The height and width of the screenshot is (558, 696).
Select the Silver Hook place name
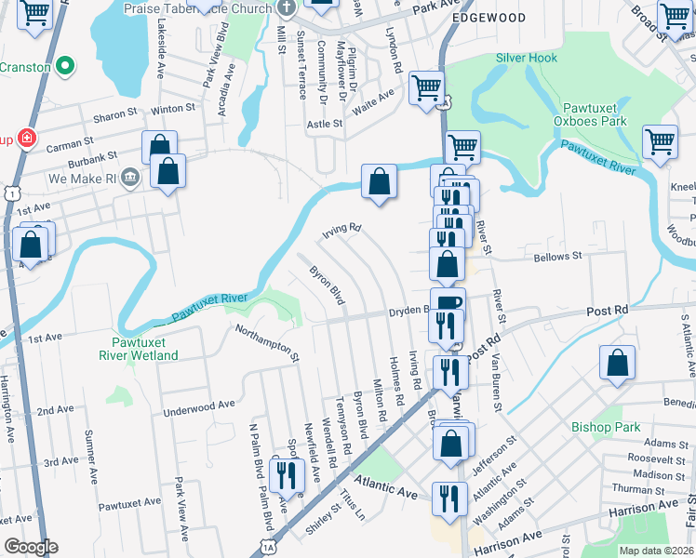tap(527, 58)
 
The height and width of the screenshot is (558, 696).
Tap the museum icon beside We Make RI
tap(129, 178)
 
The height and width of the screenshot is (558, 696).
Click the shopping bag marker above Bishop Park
tap(617, 364)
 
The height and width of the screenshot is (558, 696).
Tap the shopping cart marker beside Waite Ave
tap(426, 88)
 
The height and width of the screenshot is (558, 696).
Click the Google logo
tap(31, 547)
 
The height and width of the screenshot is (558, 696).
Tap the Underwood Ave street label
tap(199, 406)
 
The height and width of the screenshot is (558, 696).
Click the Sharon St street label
tap(115, 118)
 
